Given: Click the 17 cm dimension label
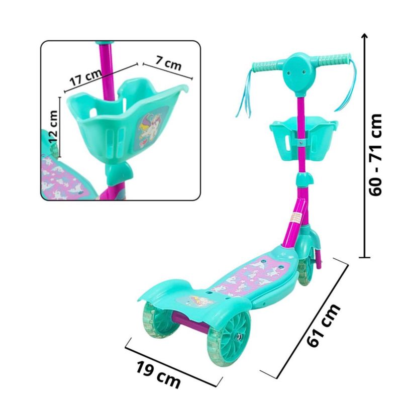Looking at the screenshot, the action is (x=86, y=77).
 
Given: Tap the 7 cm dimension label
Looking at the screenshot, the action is (x=168, y=63).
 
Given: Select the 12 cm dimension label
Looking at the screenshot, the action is (x=53, y=127).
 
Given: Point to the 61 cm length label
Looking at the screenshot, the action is (x=324, y=326).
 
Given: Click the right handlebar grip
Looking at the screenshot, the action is (x=334, y=60).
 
